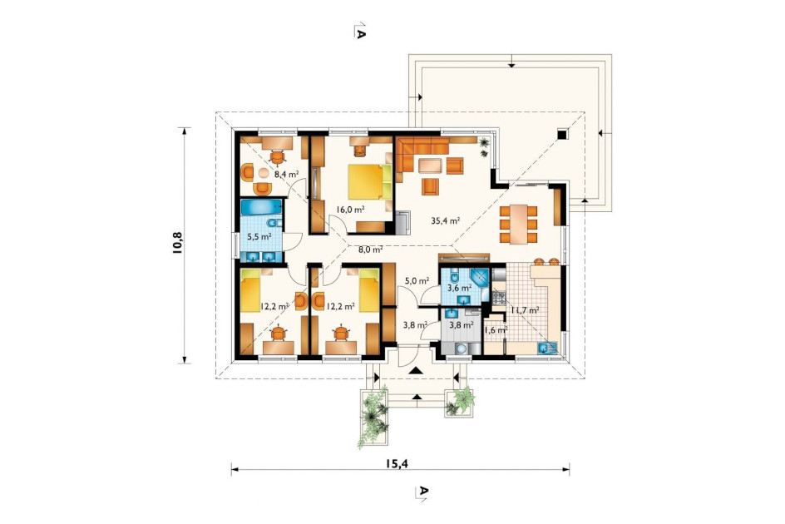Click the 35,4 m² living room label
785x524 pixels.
[x=446, y=220]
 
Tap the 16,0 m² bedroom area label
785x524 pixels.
[x=349, y=210]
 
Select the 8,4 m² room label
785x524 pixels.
[x=286, y=175]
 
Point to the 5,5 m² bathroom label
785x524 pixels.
[x=259, y=235]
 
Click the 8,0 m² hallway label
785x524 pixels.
[x=371, y=249]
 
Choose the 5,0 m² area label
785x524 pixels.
[x=417, y=281]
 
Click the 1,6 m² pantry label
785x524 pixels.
[x=496, y=330]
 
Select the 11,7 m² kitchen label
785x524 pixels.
[x=525, y=310]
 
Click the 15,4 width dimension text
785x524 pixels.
[x=397, y=463]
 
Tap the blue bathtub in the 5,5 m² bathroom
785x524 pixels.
[x=261, y=207]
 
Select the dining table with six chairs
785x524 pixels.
[x=519, y=224]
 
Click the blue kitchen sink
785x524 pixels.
[x=546, y=348]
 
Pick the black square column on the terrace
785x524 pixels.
[x=562, y=134]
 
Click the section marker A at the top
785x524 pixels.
[x=359, y=31]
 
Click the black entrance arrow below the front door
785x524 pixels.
[x=416, y=371]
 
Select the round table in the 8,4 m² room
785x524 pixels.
[x=264, y=174]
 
